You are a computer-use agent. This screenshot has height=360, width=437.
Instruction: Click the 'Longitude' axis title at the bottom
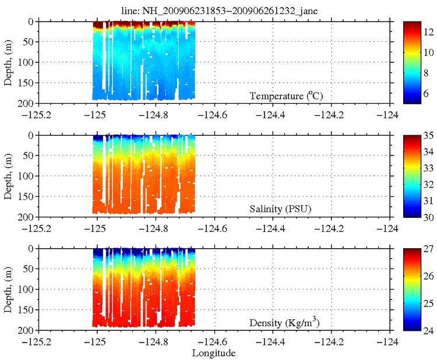point(214,352)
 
